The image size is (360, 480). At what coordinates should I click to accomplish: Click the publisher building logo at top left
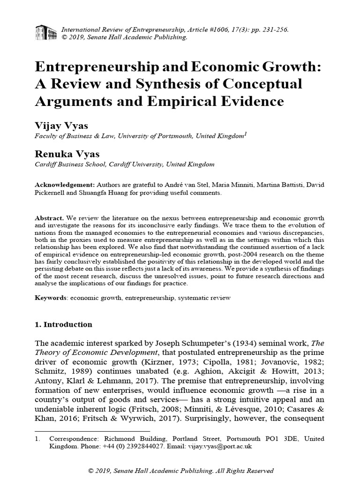pyautogui.click(x=46, y=32)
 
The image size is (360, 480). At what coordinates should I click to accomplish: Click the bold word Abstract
pyautogui.click(x=50, y=219)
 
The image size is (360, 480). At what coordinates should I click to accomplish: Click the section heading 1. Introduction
pyautogui.click(x=64, y=324)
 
